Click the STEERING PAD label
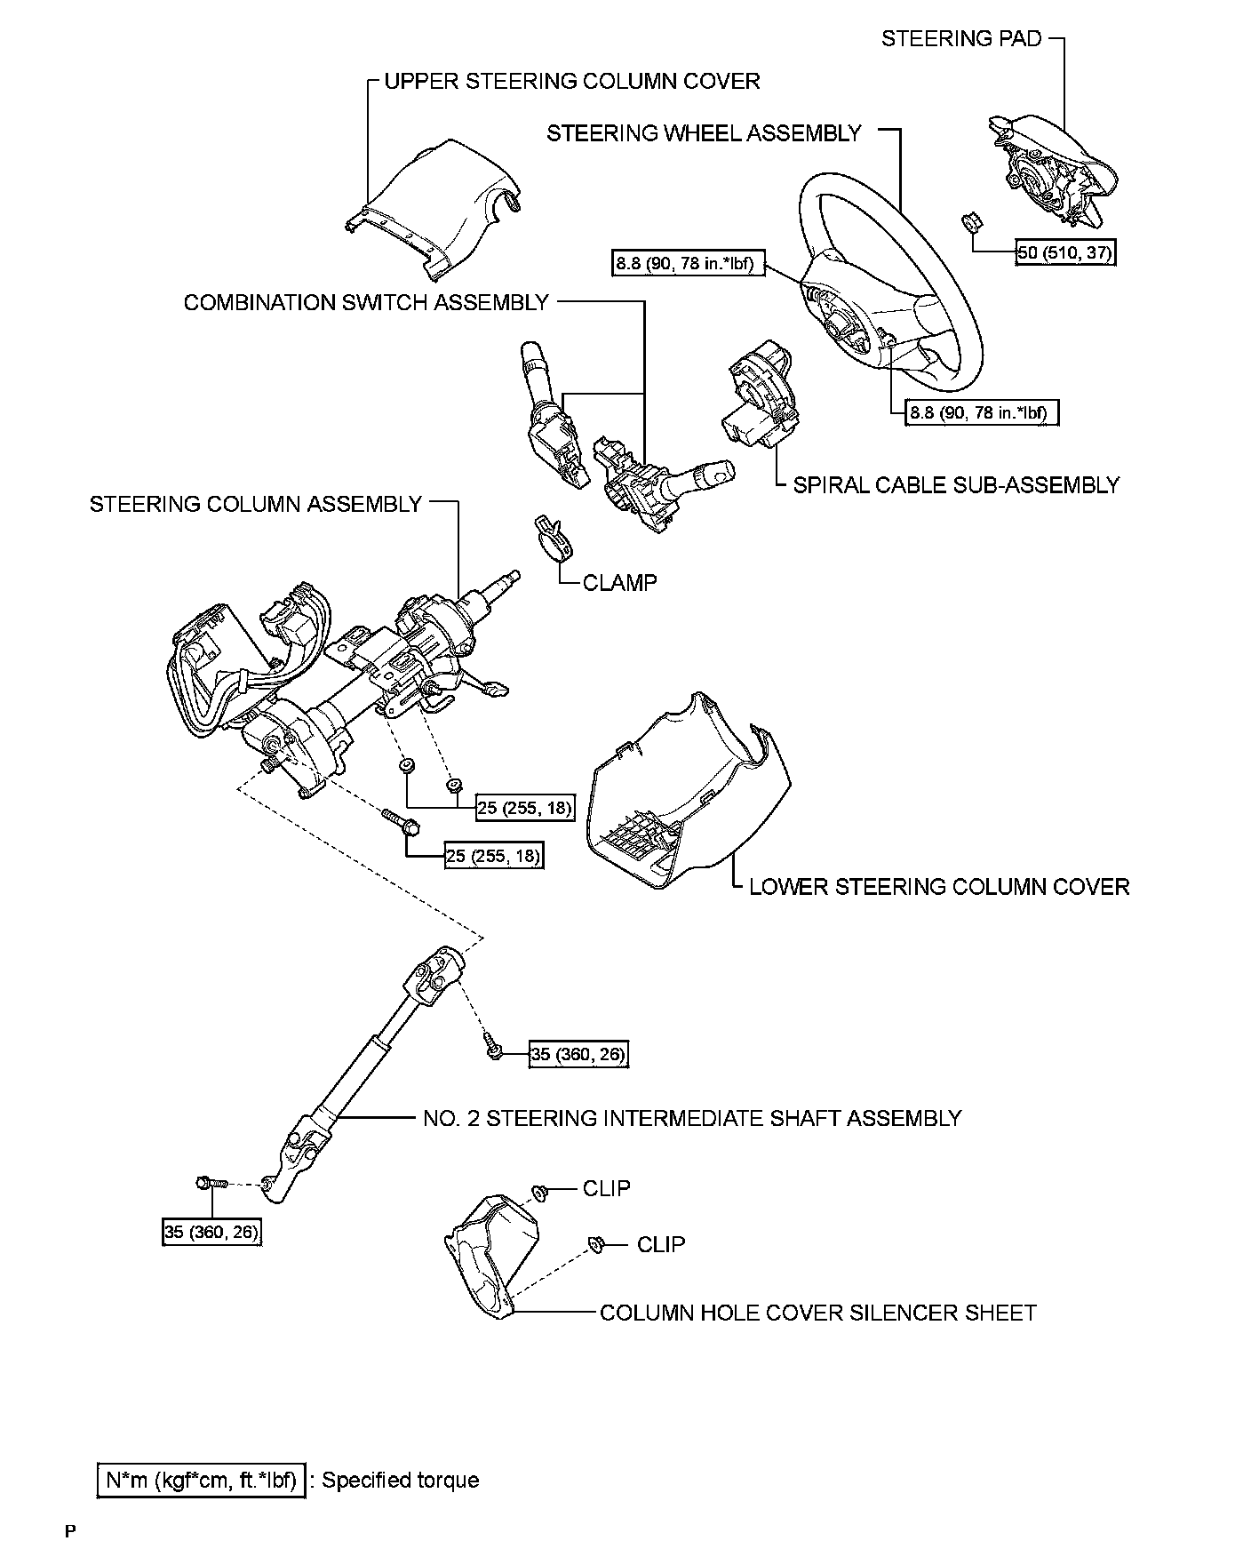960,38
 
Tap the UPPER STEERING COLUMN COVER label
571,82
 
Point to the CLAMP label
619,583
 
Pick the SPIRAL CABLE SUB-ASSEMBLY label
956,485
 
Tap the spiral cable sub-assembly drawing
758,399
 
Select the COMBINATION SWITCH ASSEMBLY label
366,303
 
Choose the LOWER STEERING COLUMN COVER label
939,887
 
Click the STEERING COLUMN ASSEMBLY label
256,505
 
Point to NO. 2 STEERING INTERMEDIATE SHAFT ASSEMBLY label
692,1118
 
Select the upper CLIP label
607,1188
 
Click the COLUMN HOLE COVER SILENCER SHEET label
818,1313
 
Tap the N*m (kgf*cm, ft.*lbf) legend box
201,1480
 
